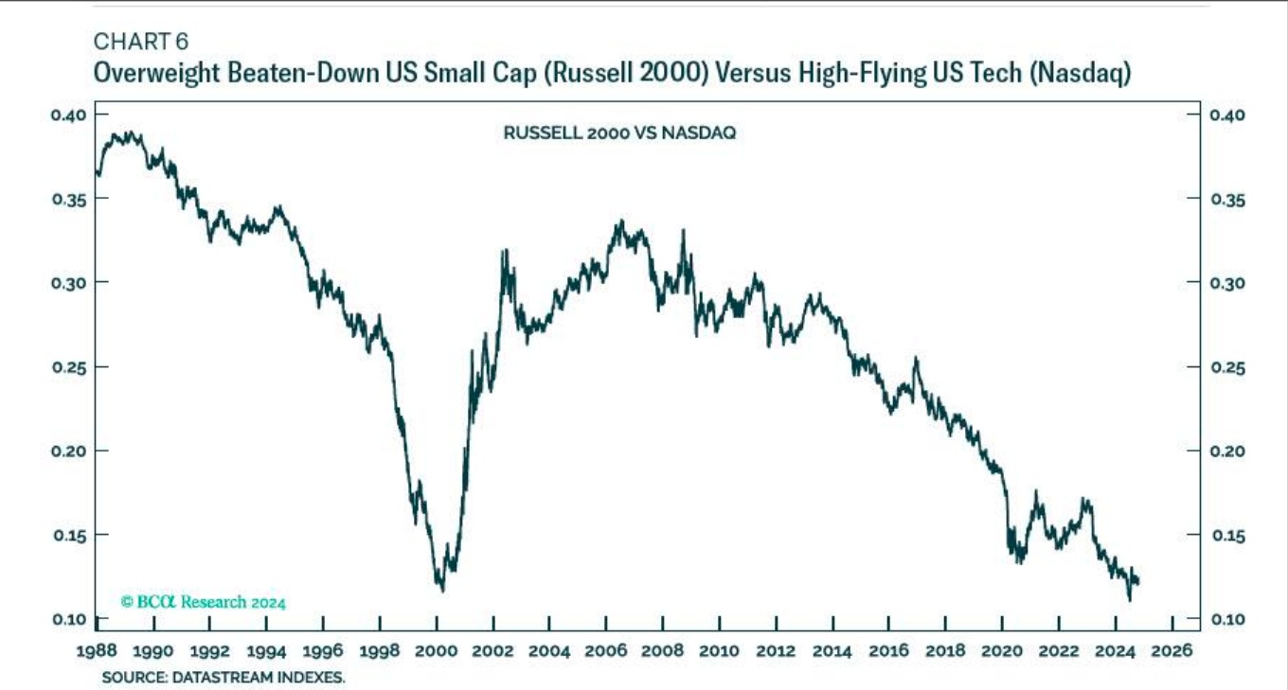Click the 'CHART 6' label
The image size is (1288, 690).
click(x=141, y=41)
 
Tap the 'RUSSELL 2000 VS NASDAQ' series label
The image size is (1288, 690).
click(x=619, y=133)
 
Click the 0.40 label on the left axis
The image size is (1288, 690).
click(x=68, y=115)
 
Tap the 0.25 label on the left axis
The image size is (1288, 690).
click(x=68, y=366)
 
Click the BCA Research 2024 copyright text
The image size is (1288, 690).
click(x=204, y=602)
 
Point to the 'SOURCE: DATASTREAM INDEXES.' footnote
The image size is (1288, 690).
click(x=224, y=678)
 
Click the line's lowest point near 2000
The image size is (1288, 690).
click(x=442, y=591)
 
